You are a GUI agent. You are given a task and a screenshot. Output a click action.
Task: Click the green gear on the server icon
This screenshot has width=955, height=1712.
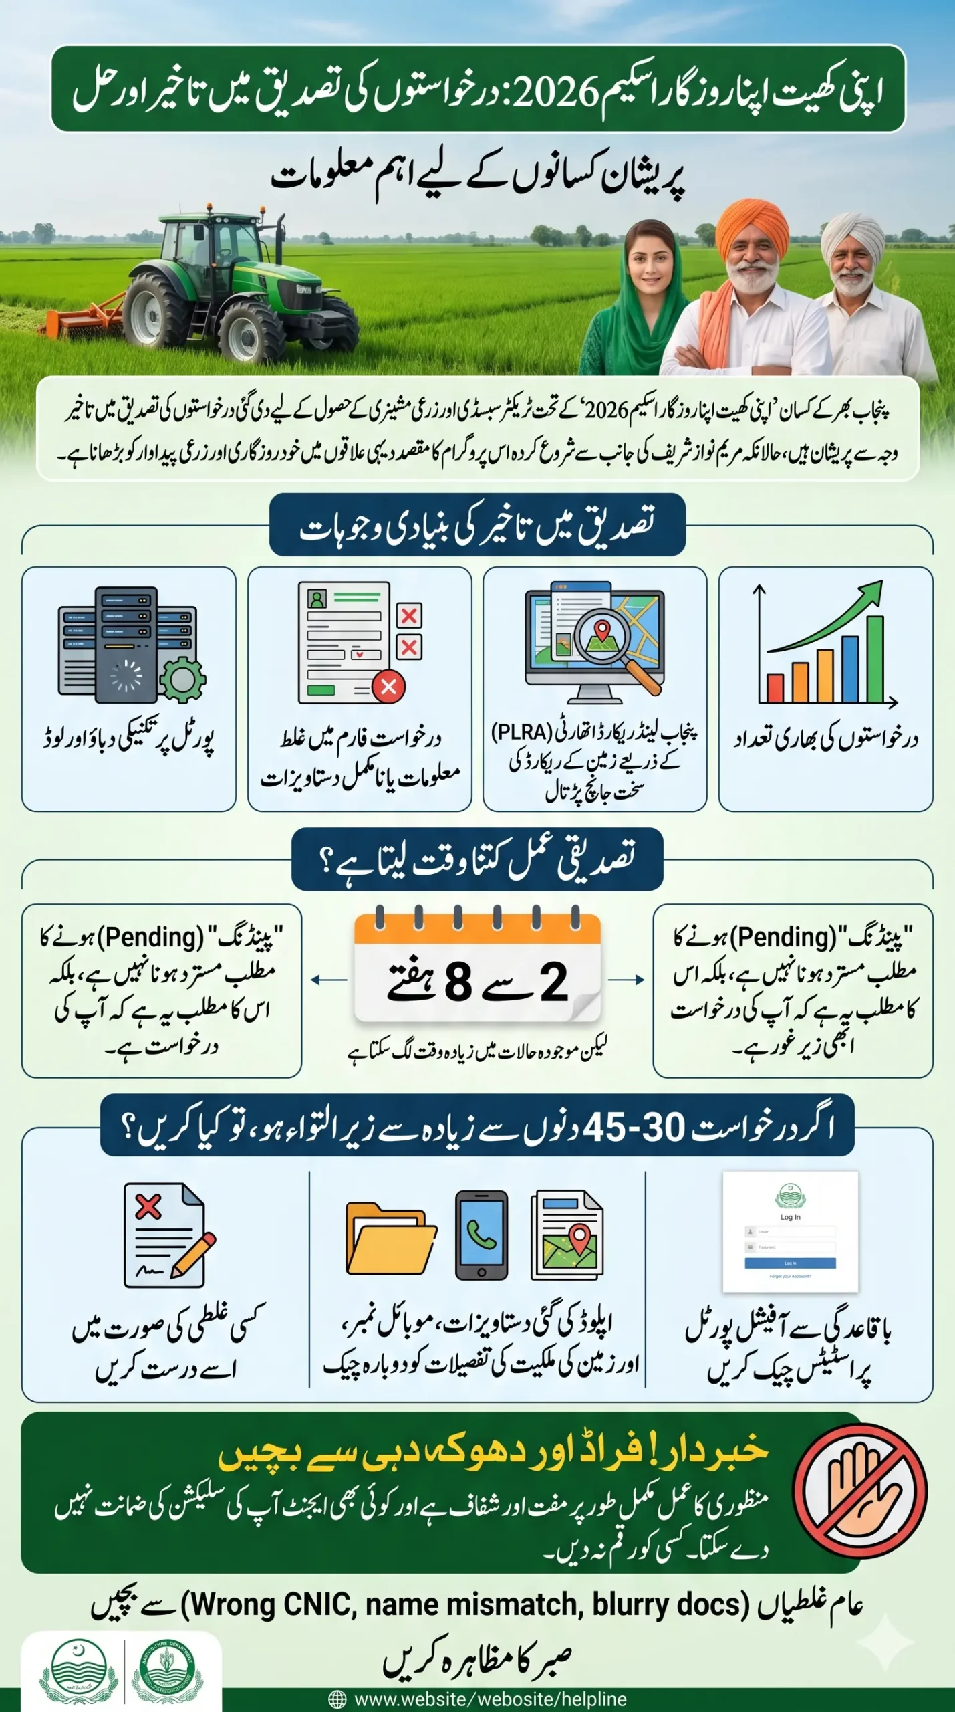click(182, 679)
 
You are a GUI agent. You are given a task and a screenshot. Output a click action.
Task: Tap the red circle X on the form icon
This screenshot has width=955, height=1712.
click(388, 686)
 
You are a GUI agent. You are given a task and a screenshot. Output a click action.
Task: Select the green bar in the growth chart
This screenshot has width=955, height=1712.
click(874, 658)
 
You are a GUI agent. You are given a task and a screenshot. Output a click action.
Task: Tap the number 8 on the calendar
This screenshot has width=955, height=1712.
click(458, 982)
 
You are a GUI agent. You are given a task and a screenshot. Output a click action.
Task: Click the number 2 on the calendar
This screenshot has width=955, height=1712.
click(553, 982)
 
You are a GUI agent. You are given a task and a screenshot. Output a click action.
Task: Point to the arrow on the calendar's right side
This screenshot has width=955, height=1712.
click(626, 980)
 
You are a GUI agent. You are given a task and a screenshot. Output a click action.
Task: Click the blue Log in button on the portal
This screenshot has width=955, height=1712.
click(790, 1263)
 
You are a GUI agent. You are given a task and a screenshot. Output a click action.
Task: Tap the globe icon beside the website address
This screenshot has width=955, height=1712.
click(337, 1699)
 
